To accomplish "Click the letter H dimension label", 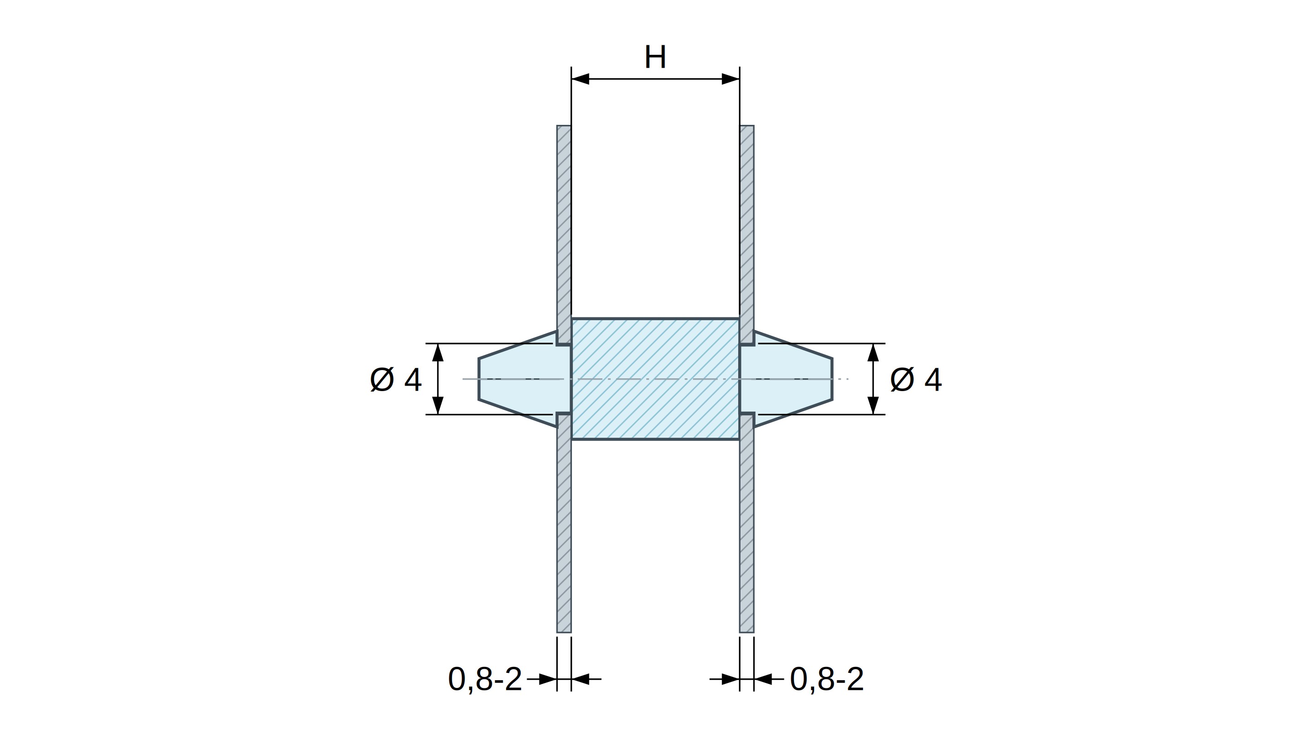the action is (655, 57).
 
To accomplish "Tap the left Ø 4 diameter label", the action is (396, 380).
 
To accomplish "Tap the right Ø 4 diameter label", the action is (916, 380).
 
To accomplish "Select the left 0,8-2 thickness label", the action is (485, 679).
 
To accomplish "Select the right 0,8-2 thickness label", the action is (827, 679).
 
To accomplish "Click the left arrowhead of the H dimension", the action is (581, 79).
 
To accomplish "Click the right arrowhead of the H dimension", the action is (730, 79).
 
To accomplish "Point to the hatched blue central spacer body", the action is (655, 379).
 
